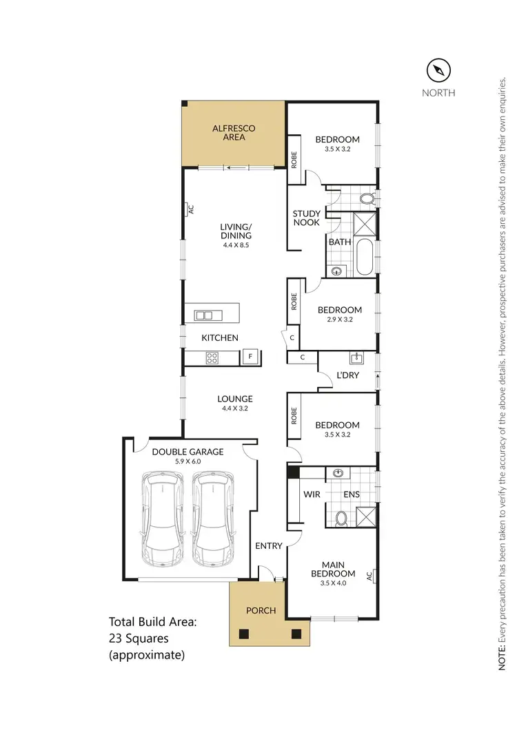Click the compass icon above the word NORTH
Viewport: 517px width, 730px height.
coord(438,70)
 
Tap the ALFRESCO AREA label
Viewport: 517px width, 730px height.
coord(234,133)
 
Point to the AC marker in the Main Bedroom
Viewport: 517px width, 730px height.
coord(369,575)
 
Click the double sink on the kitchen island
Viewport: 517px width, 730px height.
coord(204,315)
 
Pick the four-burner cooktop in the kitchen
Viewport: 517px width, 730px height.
coord(212,357)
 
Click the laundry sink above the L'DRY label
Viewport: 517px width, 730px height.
coord(357,358)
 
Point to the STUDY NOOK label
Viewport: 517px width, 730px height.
coord(306,218)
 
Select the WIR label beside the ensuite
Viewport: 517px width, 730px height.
coord(312,494)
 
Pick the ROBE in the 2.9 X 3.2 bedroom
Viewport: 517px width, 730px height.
coord(294,301)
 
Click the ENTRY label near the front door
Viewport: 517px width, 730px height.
coord(269,546)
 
